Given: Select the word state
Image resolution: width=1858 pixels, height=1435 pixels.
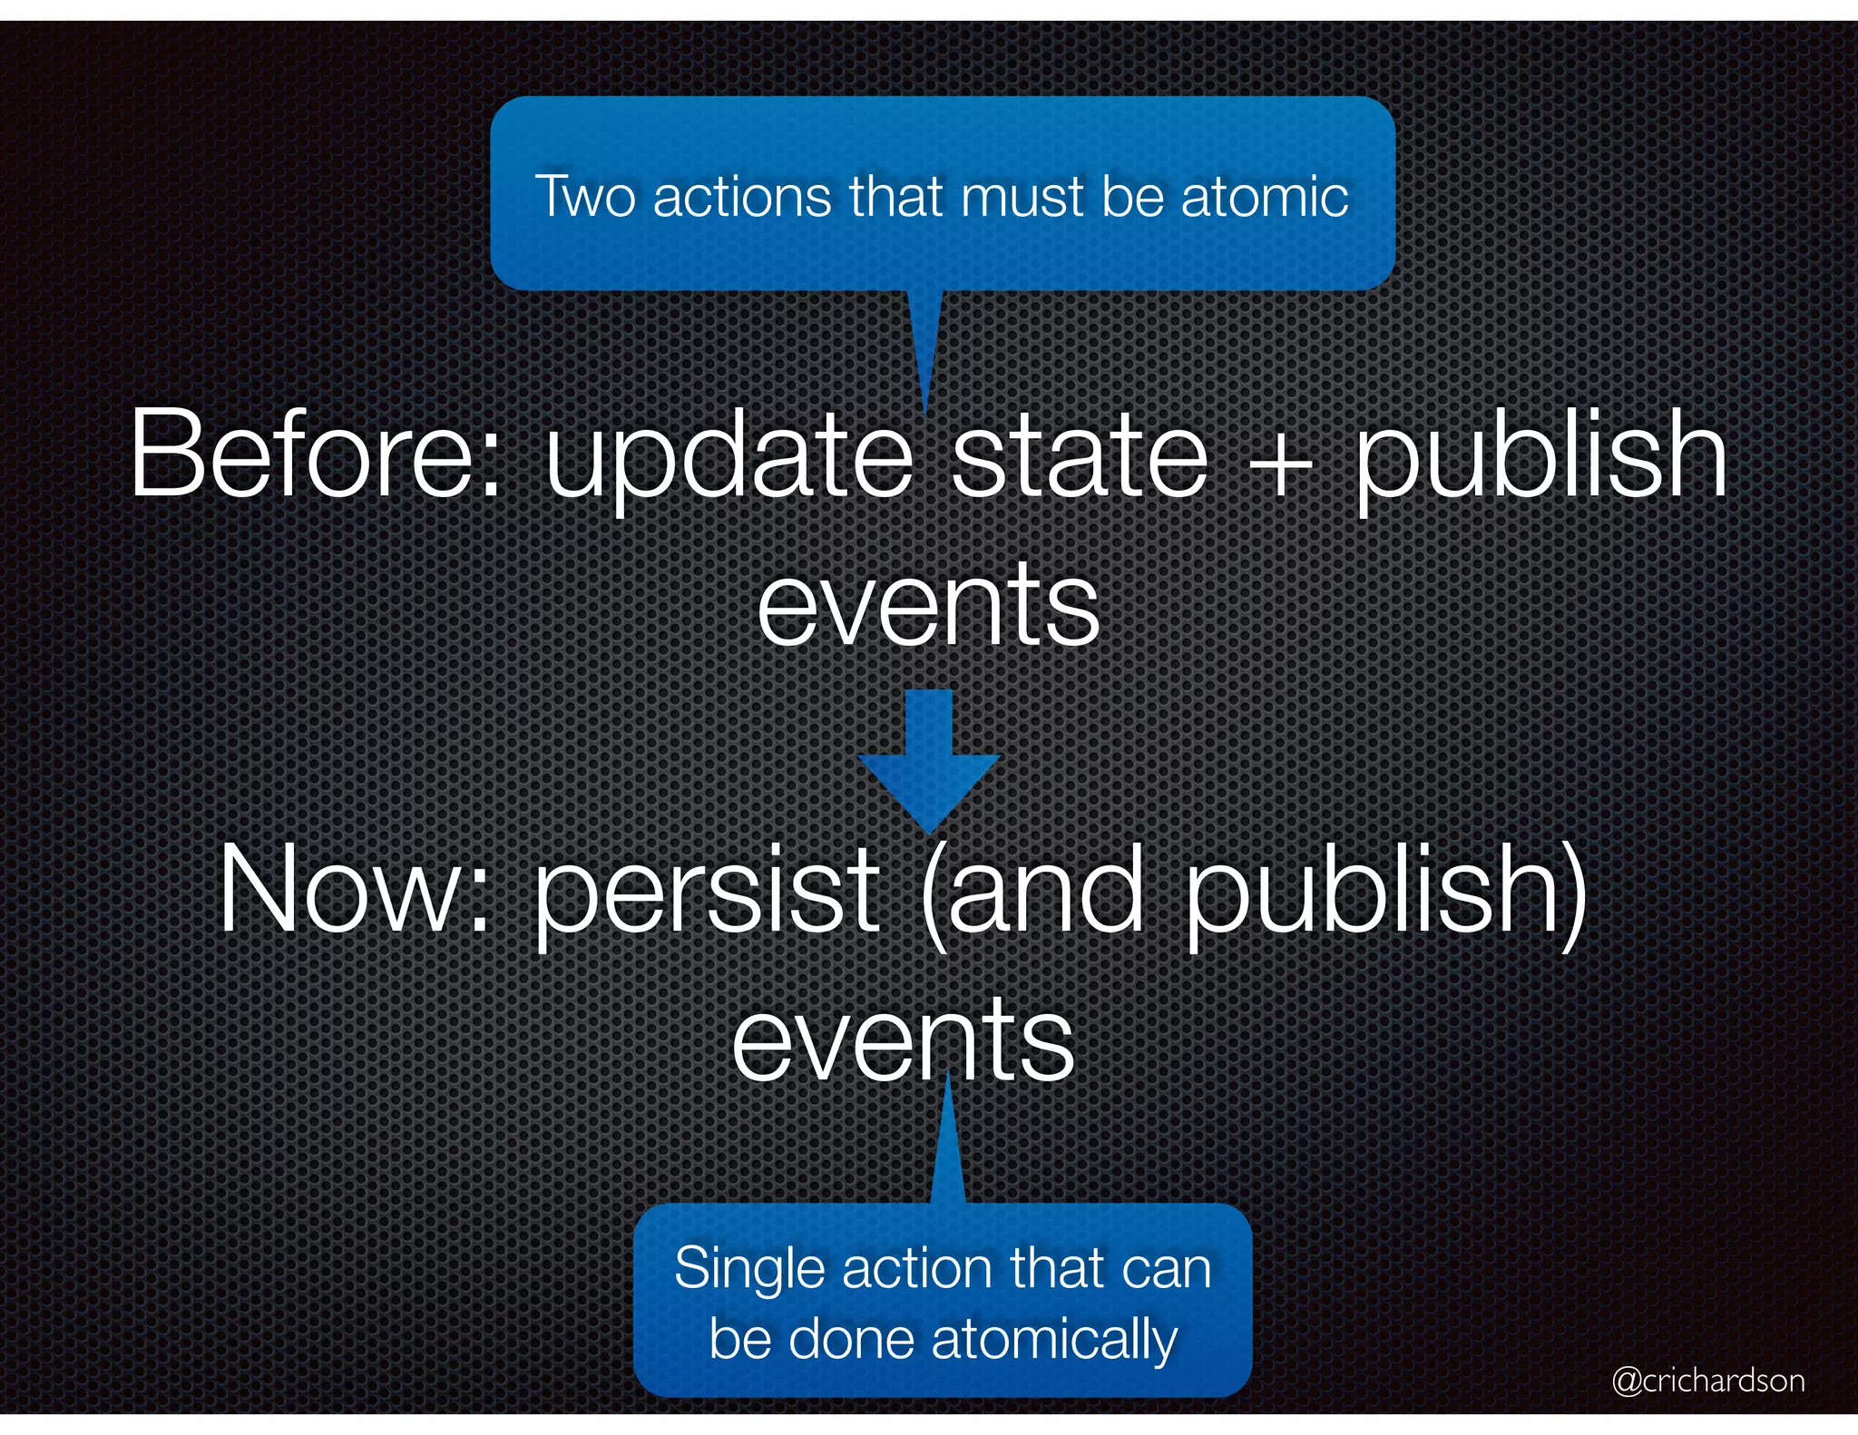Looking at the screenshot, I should pos(1080,454).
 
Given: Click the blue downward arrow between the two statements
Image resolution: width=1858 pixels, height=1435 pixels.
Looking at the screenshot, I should pos(929,758).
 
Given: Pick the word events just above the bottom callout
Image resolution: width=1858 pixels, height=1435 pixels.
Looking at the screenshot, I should pos(903,1040).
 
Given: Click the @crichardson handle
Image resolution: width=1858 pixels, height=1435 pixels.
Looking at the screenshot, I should pos(1708,1380).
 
